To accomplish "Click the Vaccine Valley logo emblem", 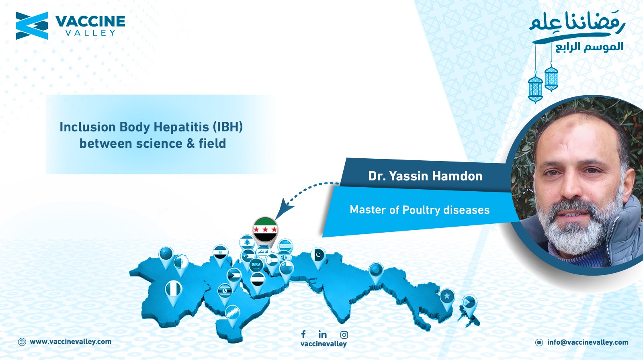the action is click(x=32, y=26).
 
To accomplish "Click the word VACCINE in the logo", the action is click(x=90, y=22).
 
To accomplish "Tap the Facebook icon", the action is click(x=303, y=334).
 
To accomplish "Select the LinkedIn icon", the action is click(x=322, y=334).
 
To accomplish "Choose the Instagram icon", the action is click(x=344, y=335).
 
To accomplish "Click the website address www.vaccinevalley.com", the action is click(x=71, y=342).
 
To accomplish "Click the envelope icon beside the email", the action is click(x=539, y=342).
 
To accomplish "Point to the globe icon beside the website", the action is click(x=22, y=342).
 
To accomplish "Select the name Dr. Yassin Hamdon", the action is click(x=425, y=176).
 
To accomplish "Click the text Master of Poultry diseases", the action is click(x=420, y=210).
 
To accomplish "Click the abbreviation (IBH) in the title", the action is click(x=227, y=127).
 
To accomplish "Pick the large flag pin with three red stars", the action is click(x=265, y=230).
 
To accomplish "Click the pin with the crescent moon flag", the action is click(x=319, y=258).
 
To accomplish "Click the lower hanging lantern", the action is click(x=535, y=88).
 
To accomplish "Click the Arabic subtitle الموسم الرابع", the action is click(x=589, y=47).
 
